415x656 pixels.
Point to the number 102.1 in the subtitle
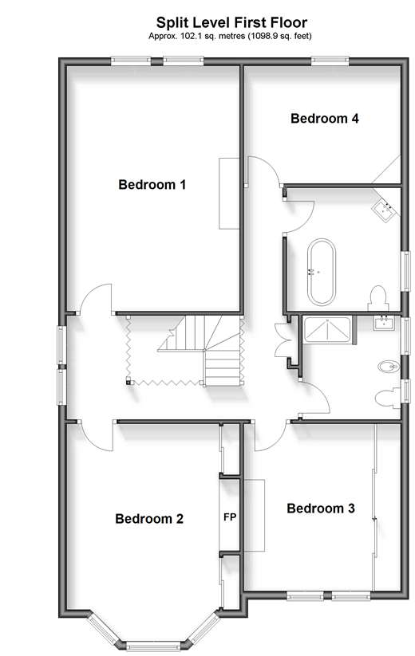pos(192,36)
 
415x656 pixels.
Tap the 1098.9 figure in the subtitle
pos(262,36)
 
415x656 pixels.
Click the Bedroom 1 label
pos(152,184)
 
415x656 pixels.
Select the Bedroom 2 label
pos(149,519)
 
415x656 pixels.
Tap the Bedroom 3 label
pos(321,509)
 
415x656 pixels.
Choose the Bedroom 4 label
pos(325,119)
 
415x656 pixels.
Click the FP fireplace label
pos(230,517)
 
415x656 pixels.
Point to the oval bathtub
pos(321,272)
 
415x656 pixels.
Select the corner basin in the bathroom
pos(386,208)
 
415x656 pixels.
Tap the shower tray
pos(327,330)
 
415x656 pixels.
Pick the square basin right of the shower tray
pos(384,323)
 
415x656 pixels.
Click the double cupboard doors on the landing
pos(283,340)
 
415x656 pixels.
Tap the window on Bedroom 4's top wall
pos(330,61)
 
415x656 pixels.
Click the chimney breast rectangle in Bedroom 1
pos(229,193)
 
